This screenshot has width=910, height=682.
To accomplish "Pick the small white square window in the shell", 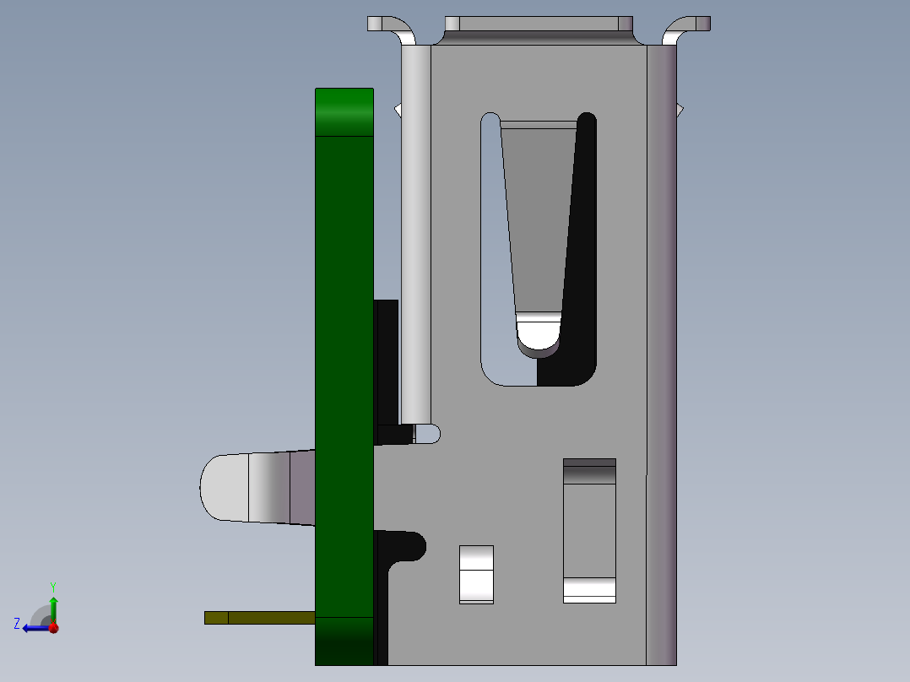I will (x=476, y=574).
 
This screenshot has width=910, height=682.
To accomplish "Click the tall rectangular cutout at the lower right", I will (x=589, y=531).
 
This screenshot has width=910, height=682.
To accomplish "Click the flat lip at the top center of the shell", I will (x=539, y=24).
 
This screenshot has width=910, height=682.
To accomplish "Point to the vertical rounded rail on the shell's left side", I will (x=415, y=236).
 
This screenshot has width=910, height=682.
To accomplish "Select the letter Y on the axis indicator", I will (x=52, y=586).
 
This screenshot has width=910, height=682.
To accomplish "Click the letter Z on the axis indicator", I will (x=17, y=624).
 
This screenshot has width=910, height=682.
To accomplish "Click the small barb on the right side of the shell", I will (x=680, y=110).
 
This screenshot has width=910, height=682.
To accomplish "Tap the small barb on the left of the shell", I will (x=398, y=110).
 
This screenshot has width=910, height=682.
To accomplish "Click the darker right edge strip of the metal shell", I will (x=661, y=355).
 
